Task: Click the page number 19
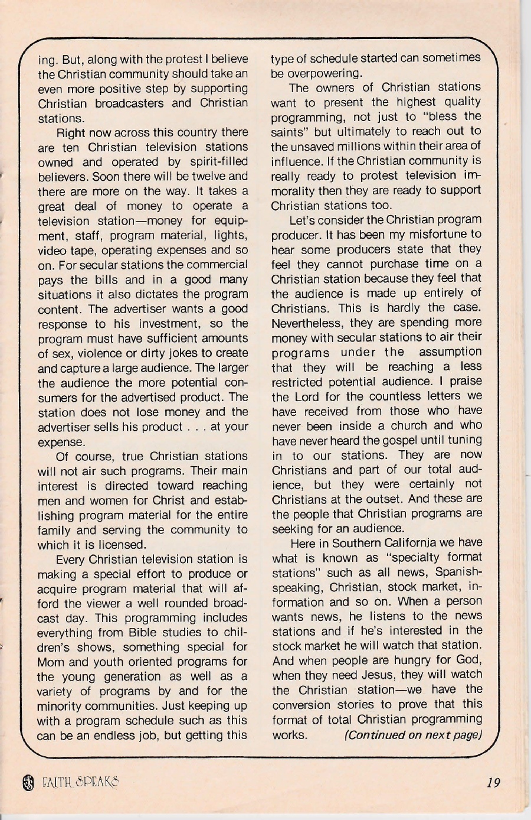pyautogui.click(x=494, y=783)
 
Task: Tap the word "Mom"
pyautogui.click(x=51, y=662)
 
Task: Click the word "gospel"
pyautogui.click(x=408, y=440)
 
